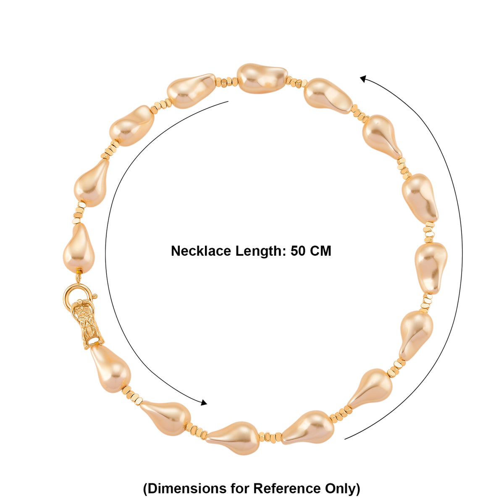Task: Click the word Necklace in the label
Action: [201, 251]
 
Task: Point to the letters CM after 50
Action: [320, 251]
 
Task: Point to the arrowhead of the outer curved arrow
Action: [364, 79]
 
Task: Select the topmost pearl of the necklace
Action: [262, 78]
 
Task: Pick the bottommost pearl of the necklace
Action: [233, 442]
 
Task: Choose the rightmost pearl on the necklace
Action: [431, 268]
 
